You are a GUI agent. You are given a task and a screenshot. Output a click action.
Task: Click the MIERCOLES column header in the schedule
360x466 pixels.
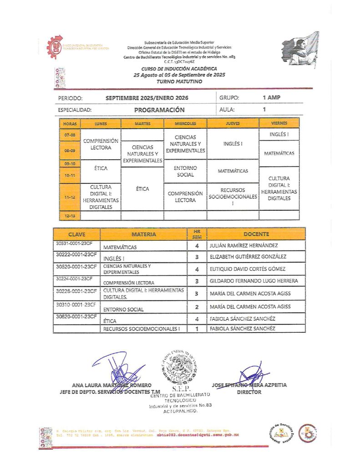pyautogui.click(x=185, y=123)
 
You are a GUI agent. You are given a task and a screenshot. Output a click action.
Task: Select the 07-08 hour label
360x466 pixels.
pyautogui.click(x=70, y=135)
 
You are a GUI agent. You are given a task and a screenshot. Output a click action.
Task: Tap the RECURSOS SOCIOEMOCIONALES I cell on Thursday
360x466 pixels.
pyautogui.click(x=233, y=197)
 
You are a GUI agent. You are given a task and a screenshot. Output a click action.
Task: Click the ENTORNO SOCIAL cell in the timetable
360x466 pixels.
pyautogui.click(x=185, y=171)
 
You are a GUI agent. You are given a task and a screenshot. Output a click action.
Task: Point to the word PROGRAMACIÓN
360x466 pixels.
pyautogui.click(x=159, y=110)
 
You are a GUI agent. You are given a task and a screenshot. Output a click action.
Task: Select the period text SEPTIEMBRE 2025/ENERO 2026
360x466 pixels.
pyautogui.click(x=147, y=98)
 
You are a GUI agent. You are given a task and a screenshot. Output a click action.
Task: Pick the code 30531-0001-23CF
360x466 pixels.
pyautogui.click(x=76, y=244)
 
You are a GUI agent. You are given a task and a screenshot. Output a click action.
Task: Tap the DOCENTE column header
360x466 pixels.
pyautogui.click(x=256, y=234)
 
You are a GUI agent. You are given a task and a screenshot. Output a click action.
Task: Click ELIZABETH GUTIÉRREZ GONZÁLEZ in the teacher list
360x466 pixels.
pyautogui.click(x=254, y=257)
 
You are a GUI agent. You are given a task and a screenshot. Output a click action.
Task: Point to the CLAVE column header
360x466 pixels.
pyautogui.click(x=76, y=234)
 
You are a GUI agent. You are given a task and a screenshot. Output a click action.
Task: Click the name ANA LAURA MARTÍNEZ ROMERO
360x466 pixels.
pyautogui.click(x=112, y=385)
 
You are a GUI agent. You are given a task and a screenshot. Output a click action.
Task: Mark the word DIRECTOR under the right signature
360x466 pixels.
pyautogui.click(x=249, y=392)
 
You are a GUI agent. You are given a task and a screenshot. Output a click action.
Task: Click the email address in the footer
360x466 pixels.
pyautogui.click(x=198, y=435)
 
